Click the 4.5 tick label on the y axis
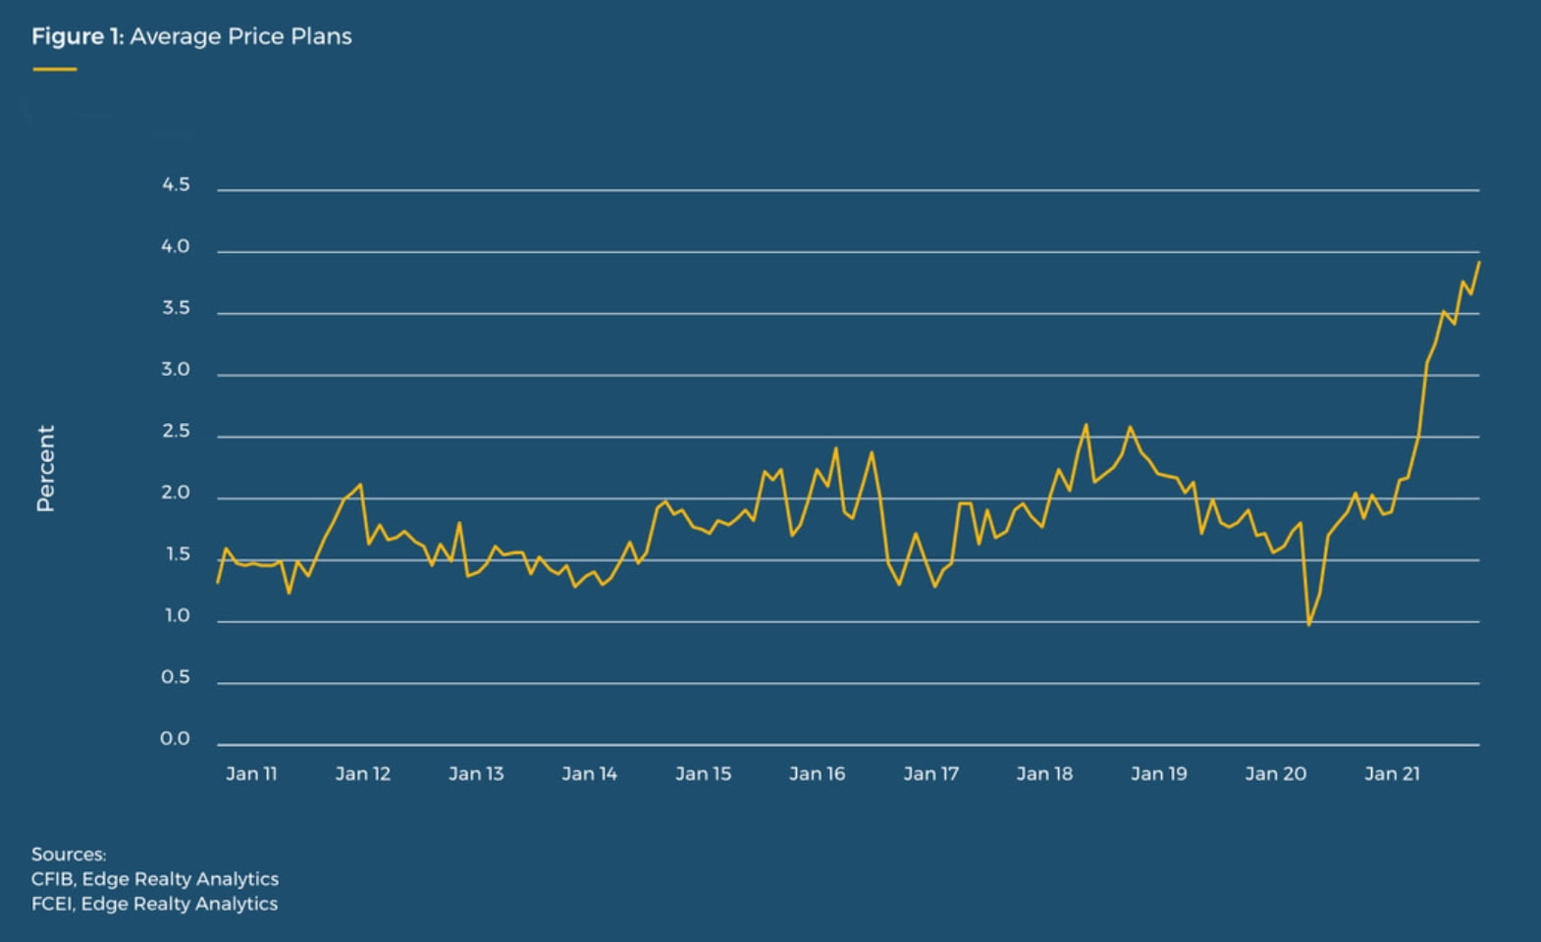(x=176, y=184)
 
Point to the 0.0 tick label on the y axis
(x=176, y=738)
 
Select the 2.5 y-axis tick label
(x=176, y=431)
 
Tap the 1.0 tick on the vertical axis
(x=176, y=615)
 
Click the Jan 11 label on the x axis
(x=251, y=773)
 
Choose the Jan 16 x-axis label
(x=817, y=773)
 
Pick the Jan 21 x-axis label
(x=1392, y=773)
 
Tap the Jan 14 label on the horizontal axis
(x=589, y=773)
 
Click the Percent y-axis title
(x=45, y=468)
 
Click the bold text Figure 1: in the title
(x=78, y=36)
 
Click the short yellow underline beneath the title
(x=54, y=69)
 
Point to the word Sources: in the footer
(x=69, y=854)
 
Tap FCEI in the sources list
(x=51, y=903)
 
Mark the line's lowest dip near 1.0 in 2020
(x=1308, y=624)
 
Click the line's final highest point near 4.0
(x=1478, y=262)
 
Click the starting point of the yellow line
(x=218, y=583)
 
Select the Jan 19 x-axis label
(x=1158, y=773)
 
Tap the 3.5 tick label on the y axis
(x=176, y=308)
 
